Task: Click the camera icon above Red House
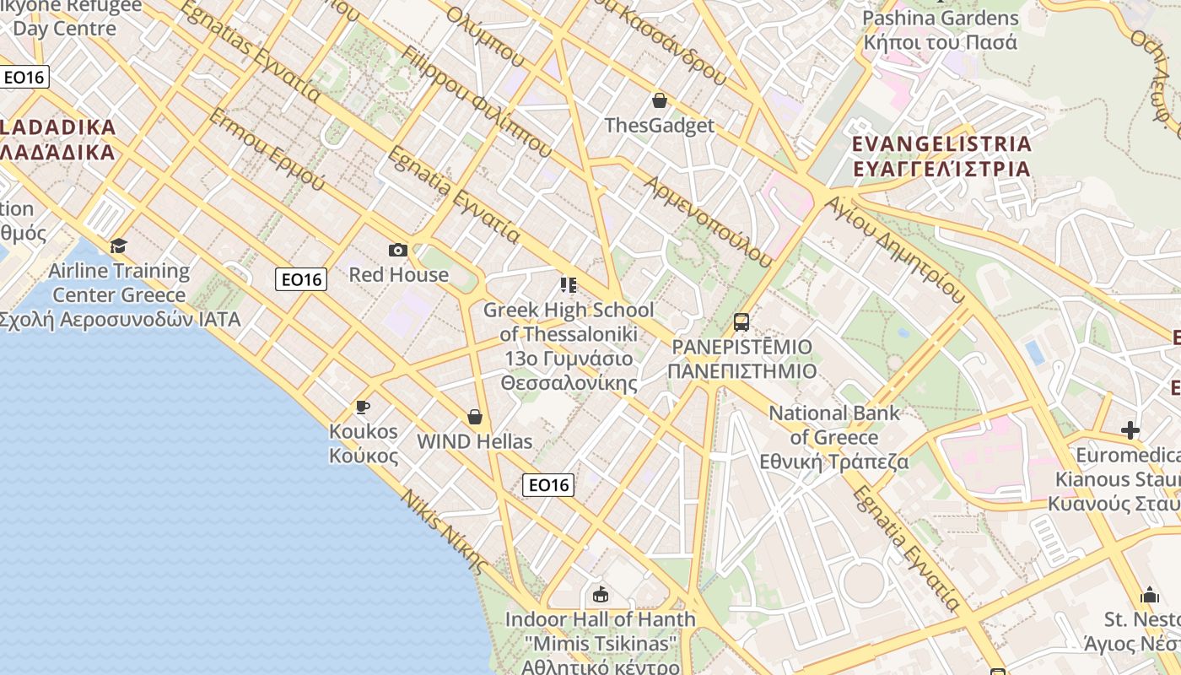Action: coord(398,250)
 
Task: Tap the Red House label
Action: coord(399,275)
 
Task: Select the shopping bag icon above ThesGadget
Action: coord(660,101)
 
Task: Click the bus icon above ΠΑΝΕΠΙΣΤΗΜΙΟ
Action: coord(741,321)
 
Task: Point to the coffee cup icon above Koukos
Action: coord(363,408)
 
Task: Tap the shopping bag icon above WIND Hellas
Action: coord(475,417)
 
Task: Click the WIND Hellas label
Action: coord(475,441)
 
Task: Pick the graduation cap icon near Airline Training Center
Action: coord(118,246)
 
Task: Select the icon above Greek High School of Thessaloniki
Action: coord(569,285)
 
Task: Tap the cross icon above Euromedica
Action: coord(1130,430)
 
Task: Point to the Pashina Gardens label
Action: coord(941,19)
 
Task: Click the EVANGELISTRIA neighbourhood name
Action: coord(941,144)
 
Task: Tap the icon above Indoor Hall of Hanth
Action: coord(601,595)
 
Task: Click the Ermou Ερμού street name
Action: coord(266,148)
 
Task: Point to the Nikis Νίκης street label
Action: coord(445,532)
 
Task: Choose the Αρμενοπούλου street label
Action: coord(708,222)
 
